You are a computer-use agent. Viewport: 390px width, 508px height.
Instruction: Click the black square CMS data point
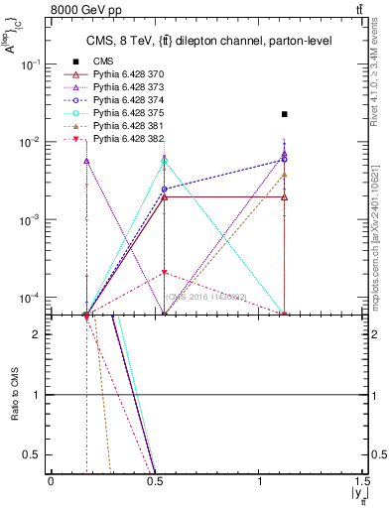[x=285, y=114]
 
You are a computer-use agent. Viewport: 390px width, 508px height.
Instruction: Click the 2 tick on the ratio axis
[x=41, y=334]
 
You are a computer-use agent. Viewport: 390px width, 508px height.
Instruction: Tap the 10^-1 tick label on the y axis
[x=32, y=63]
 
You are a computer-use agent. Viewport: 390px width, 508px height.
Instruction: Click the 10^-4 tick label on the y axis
[x=32, y=298]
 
